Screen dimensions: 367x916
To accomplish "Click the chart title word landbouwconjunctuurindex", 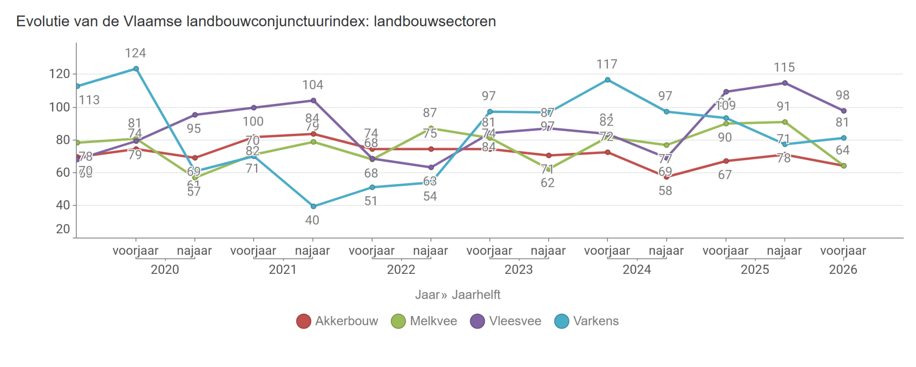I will (x=277, y=21).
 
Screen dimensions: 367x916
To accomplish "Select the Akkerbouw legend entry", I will (x=337, y=321).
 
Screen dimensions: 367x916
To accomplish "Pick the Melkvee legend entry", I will (x=424, y=321).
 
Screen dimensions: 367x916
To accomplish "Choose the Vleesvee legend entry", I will (x=505, y=321).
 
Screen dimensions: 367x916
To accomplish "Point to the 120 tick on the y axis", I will (x=60, y=74).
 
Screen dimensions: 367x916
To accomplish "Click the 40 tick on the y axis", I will (x=63, y=205).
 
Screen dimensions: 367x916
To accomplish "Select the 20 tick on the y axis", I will (x=63, y=229).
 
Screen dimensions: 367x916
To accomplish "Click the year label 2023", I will (x=518, y=270).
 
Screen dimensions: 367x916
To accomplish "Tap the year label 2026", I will (x=842, y=270).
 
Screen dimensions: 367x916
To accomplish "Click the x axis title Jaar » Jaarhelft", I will (x=458, y=295).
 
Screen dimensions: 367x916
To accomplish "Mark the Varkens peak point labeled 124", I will (x=136, y=69).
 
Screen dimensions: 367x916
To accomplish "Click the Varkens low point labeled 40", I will (x=313, y=207).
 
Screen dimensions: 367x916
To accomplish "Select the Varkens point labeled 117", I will (x=607, y=80).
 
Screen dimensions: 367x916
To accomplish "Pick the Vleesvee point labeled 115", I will (x=785, y=83).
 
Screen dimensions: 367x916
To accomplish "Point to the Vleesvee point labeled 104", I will (x=313, y=101).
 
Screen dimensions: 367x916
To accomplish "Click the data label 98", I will (x=842, y=95).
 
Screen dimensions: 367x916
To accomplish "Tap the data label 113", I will (x=89, y=100).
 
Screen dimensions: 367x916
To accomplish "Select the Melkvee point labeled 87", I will (x=431, y=128).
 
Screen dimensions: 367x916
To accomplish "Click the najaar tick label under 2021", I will (x=312, y=251).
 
